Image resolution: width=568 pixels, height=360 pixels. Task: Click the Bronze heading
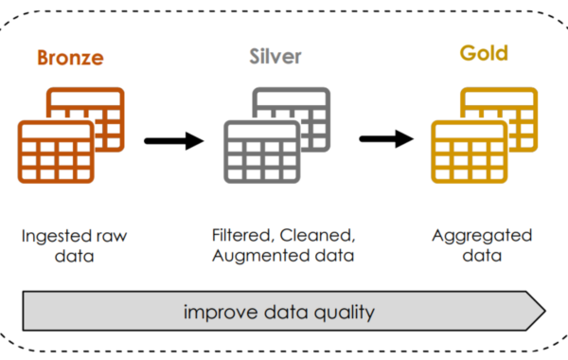point(70,58)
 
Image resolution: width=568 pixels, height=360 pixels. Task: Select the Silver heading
point(275,57)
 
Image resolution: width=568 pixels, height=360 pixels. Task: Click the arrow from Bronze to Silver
point(175,141)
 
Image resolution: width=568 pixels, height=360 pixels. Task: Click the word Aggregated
point(482,235)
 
